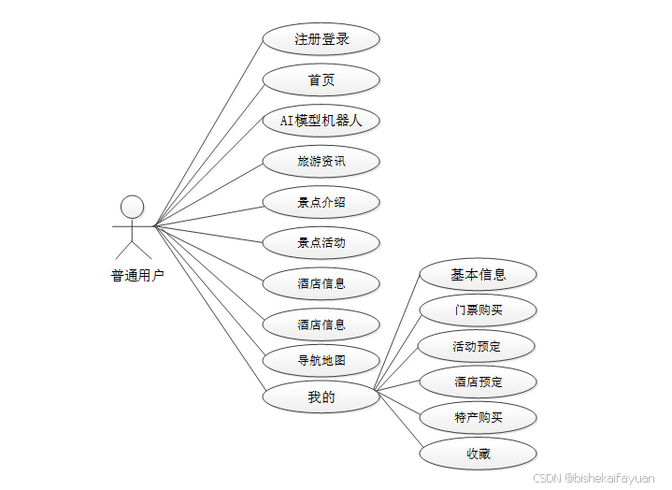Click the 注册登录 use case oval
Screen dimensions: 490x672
(321, 39)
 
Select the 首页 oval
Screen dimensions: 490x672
(321, 80)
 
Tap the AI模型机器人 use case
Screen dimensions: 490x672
(321, 121)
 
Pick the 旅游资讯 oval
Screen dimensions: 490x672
(321, 162)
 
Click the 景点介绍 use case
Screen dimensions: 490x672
(321, 202)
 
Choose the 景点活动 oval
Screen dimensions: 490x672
(321, 243)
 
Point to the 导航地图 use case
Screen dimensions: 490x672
(321, 360)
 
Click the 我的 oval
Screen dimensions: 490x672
(321, 397)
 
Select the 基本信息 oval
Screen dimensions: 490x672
(478, 275)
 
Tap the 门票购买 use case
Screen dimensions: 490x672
(478, 310)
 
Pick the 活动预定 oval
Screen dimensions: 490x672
(478, 346)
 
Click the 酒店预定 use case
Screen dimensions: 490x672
(478, 382)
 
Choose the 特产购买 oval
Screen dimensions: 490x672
(478, 417)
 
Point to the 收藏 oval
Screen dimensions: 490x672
(478, 454)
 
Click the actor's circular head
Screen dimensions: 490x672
(133, 206)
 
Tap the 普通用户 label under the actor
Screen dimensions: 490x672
(137, 276)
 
